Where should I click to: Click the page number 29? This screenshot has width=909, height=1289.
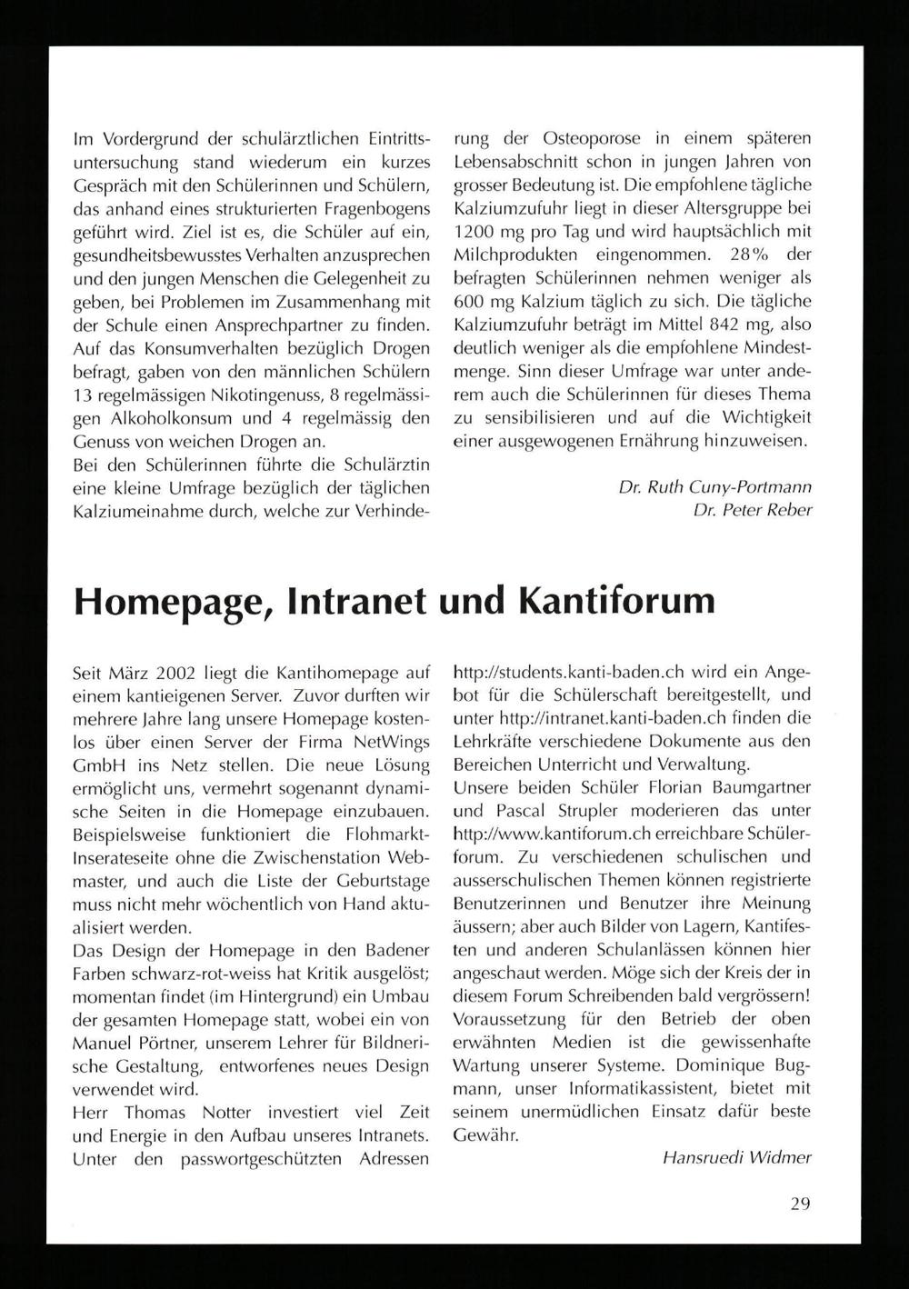800,1204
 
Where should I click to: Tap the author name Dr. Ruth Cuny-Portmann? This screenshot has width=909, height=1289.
714,487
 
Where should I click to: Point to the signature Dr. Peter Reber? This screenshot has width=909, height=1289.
752,511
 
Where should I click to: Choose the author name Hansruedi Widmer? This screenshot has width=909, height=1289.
736,1158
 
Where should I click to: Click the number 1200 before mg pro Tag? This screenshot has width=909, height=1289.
473,233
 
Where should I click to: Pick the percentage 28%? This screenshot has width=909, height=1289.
722,255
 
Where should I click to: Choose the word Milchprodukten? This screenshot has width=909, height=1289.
512,255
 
